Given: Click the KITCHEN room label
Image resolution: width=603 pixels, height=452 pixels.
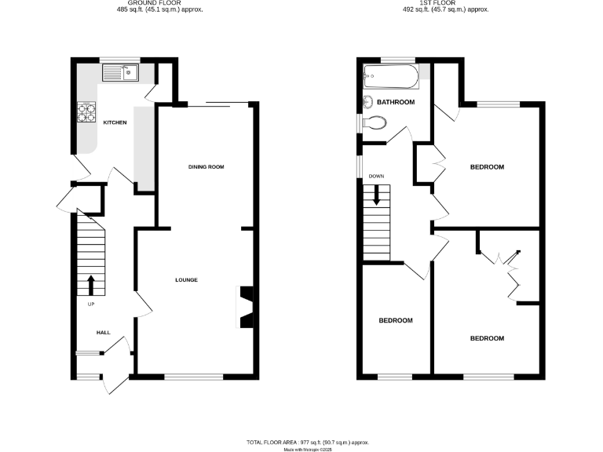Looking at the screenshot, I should (115, 122).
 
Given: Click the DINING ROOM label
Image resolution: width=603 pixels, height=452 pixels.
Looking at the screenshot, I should (206, 167).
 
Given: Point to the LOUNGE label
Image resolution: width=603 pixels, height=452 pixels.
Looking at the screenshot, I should (186, 280).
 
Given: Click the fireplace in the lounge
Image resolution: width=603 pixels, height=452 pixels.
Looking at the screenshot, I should (246, 306).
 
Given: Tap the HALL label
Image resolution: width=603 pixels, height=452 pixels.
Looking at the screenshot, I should (103, 333).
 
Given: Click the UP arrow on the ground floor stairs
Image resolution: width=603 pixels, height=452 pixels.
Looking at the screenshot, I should (91, 283).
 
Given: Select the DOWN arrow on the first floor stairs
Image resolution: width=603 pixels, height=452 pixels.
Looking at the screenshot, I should (376, 194).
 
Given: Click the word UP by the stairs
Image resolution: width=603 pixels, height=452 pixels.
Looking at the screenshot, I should (91, 304).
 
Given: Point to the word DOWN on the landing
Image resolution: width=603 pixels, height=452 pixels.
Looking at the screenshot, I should (376, 176).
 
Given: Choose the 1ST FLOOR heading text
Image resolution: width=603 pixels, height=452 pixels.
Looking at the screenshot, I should (445, 3).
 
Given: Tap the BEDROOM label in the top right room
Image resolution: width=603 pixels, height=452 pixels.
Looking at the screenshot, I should (487, 167).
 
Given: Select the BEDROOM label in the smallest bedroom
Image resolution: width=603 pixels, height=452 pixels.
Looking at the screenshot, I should (396, 320).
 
